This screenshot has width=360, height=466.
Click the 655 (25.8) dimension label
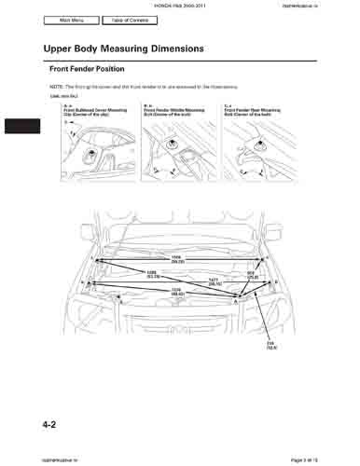pos(251,275)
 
